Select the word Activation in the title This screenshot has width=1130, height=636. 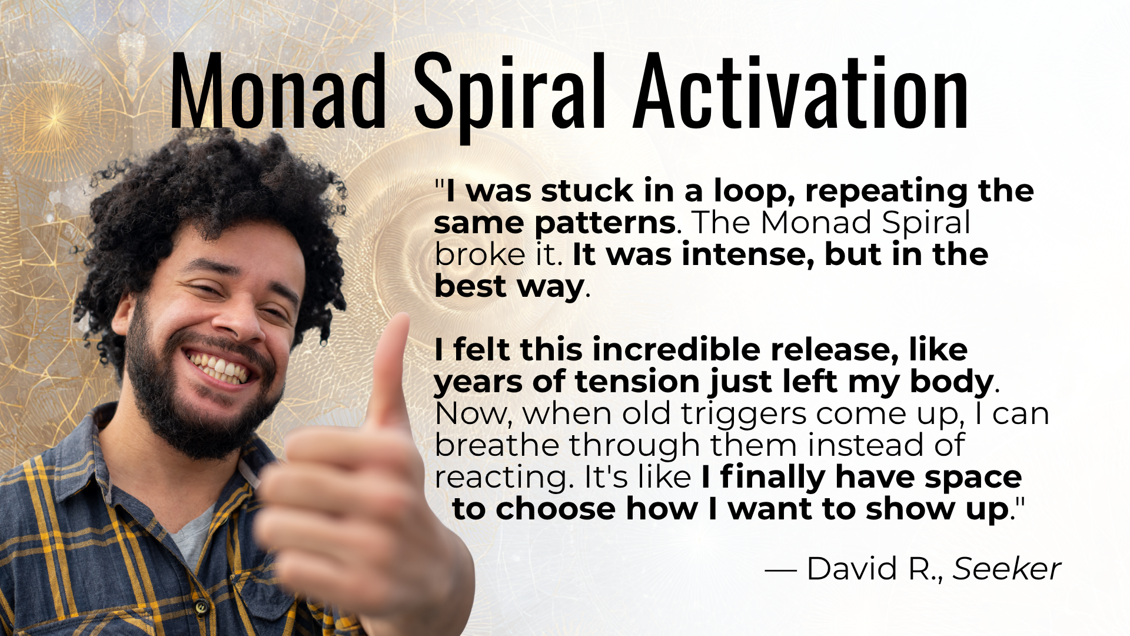point(801,91)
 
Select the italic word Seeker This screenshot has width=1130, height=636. point(1006,569)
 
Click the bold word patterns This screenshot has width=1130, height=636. point(604,223)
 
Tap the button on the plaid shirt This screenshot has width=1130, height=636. point(201,605)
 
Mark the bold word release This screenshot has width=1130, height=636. point(835,350)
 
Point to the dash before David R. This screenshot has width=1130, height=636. point(780,570)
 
